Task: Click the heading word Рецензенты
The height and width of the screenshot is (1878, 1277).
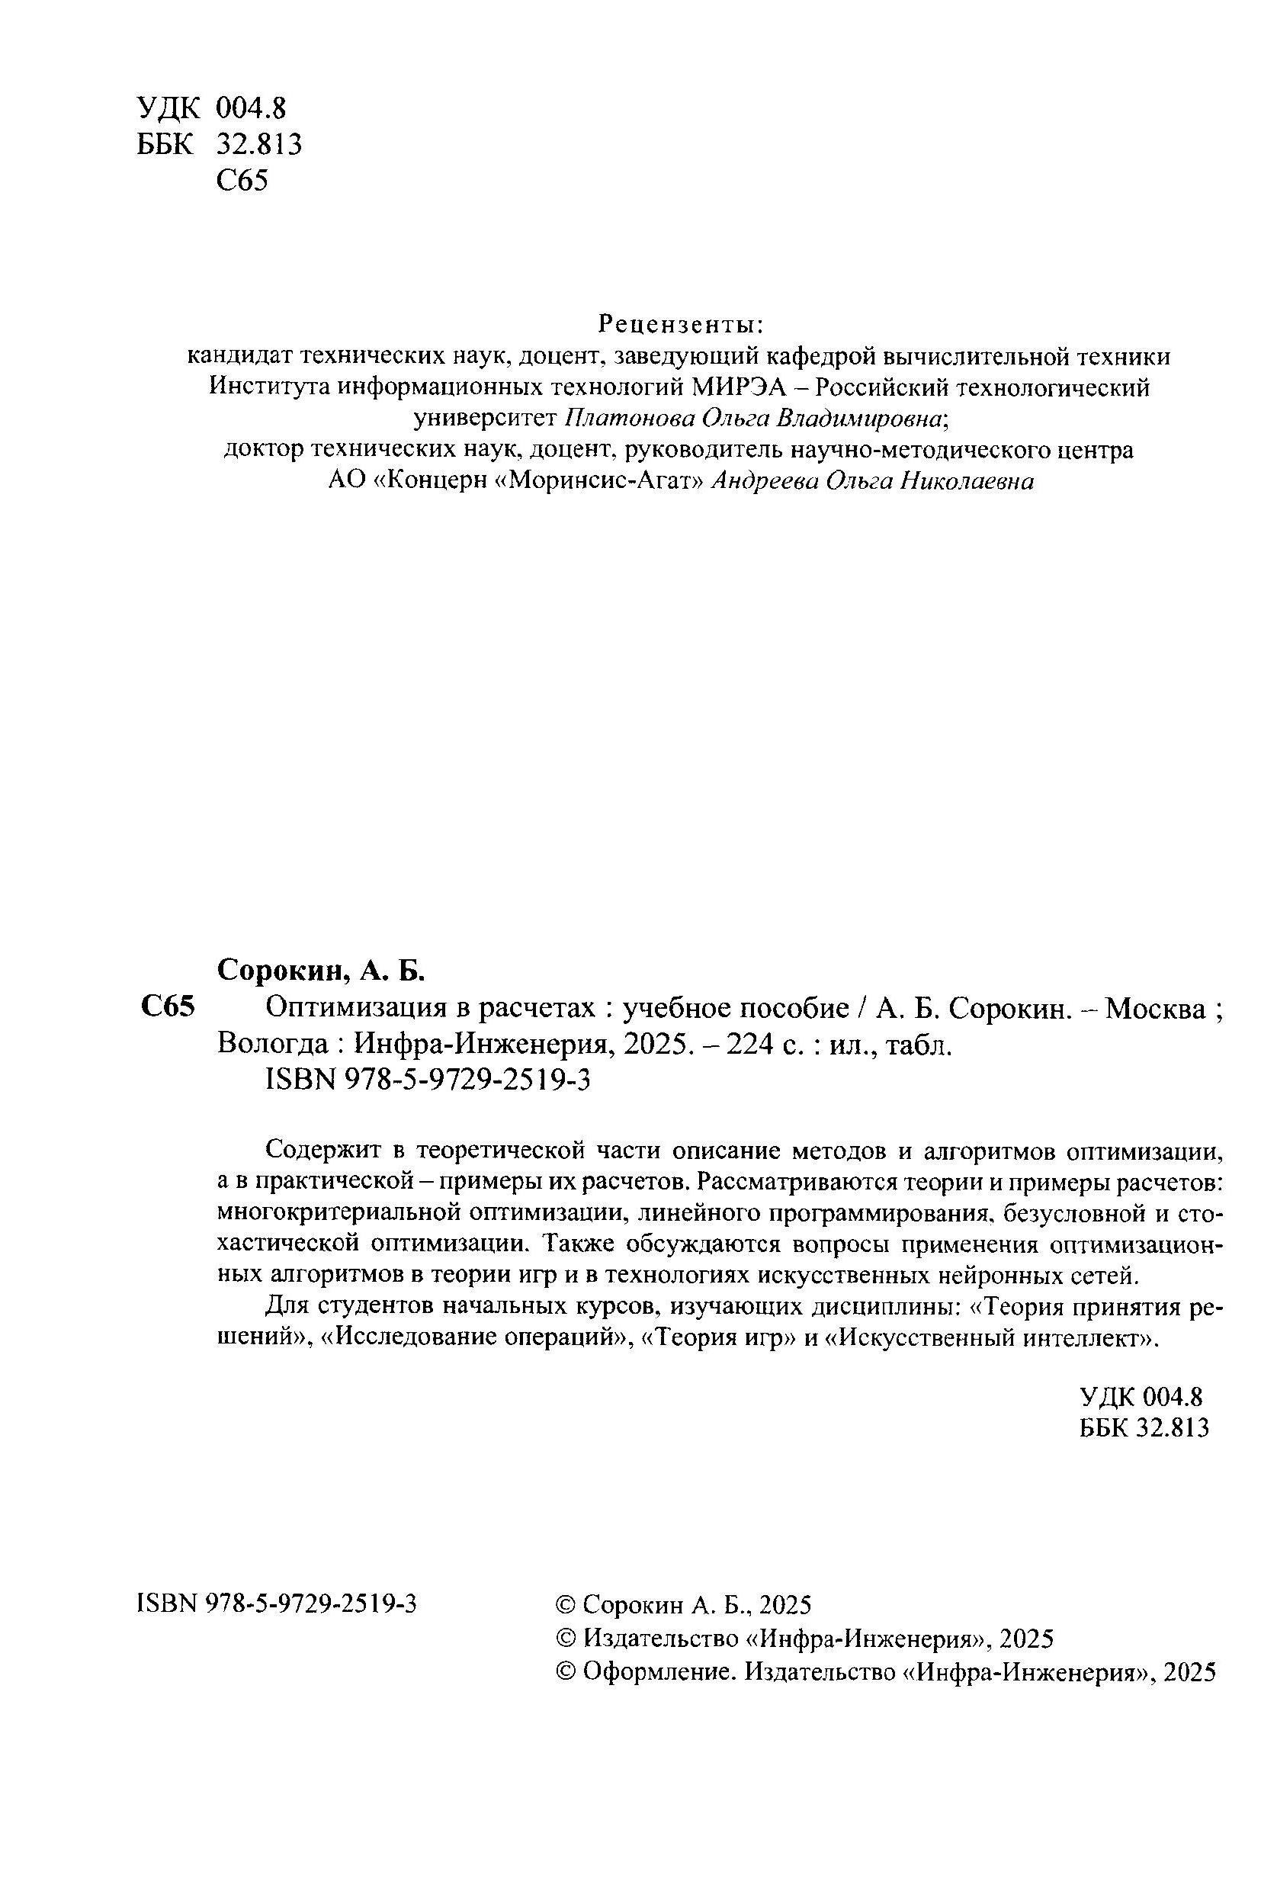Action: pos(680,324)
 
